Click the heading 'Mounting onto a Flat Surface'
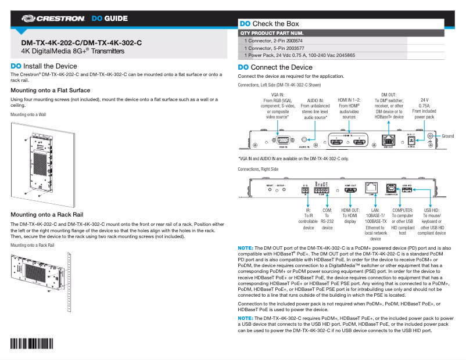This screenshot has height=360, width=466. [51, 91]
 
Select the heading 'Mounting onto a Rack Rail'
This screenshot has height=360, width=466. [47, 215]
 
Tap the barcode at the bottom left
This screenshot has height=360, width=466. [37, 344]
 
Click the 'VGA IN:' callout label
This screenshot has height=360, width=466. [278, 95]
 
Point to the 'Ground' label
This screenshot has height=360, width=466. [447, 136]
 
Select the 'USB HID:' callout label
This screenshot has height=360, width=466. [431, 210]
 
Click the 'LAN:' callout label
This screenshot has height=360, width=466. [375, 210]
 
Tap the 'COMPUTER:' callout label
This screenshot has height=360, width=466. [402, 210]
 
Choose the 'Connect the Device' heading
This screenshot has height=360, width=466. [275, 67]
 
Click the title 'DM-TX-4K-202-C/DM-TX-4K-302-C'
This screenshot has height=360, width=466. [81, 43]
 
